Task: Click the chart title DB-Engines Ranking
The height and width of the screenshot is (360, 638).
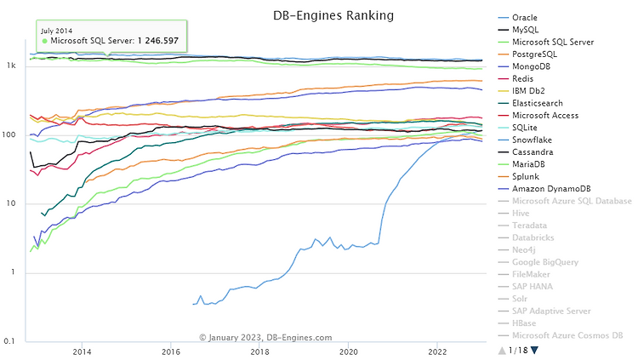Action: [321, 14]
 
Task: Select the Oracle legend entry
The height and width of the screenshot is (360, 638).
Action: [525, 17]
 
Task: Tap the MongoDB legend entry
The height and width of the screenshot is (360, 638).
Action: [530, 66]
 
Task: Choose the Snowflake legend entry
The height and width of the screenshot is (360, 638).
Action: [533, 140]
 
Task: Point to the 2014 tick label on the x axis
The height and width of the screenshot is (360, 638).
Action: [83, 351]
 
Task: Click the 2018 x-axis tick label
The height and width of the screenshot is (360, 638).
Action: [259, 351]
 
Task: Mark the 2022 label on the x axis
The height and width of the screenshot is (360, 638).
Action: [437, 351]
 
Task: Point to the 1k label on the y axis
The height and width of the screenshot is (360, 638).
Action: [12, 66]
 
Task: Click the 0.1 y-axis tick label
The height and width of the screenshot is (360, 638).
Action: [11, 341]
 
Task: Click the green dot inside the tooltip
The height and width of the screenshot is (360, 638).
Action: [44, 40]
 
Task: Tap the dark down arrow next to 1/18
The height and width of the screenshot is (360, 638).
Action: [534, 350]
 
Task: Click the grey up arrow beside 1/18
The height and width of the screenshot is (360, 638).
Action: [501, 350]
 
